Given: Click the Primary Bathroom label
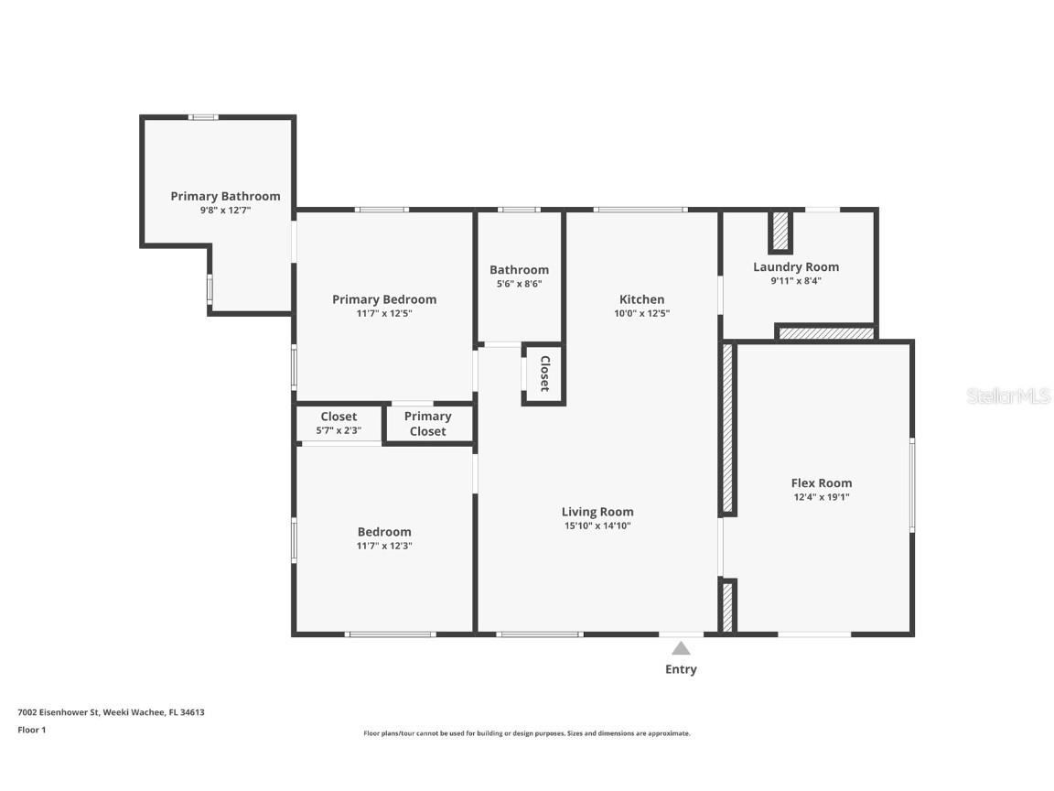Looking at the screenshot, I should pos(225,196).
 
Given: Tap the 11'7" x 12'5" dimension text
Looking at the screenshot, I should pos(383,313).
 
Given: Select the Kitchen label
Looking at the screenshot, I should pos(641,299).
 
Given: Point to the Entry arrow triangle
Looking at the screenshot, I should pos(681,648).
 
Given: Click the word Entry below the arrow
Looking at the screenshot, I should pos(681,669).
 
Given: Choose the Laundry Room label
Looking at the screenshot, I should pos(795,266).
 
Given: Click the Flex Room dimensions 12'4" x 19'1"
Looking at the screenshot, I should pos(821,497).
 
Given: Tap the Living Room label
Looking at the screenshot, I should pos(597,512).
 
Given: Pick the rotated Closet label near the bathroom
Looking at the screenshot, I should pos(544,374).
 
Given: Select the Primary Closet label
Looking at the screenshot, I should pos(427,424).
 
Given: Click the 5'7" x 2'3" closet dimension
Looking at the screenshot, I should pos(339,430).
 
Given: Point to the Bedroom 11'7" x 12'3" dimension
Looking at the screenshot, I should pos(383,546).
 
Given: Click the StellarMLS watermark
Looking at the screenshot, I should pos(1008,396).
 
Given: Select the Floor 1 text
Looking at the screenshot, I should pos(31,730).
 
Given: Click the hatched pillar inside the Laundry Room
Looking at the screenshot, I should pos(780,232).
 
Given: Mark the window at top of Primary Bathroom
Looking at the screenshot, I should pos(203,117).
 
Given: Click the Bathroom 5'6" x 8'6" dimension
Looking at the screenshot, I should pos(519,284).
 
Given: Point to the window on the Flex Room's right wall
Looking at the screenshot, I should pos(911,485).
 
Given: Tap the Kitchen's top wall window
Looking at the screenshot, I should pos(640,210).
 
